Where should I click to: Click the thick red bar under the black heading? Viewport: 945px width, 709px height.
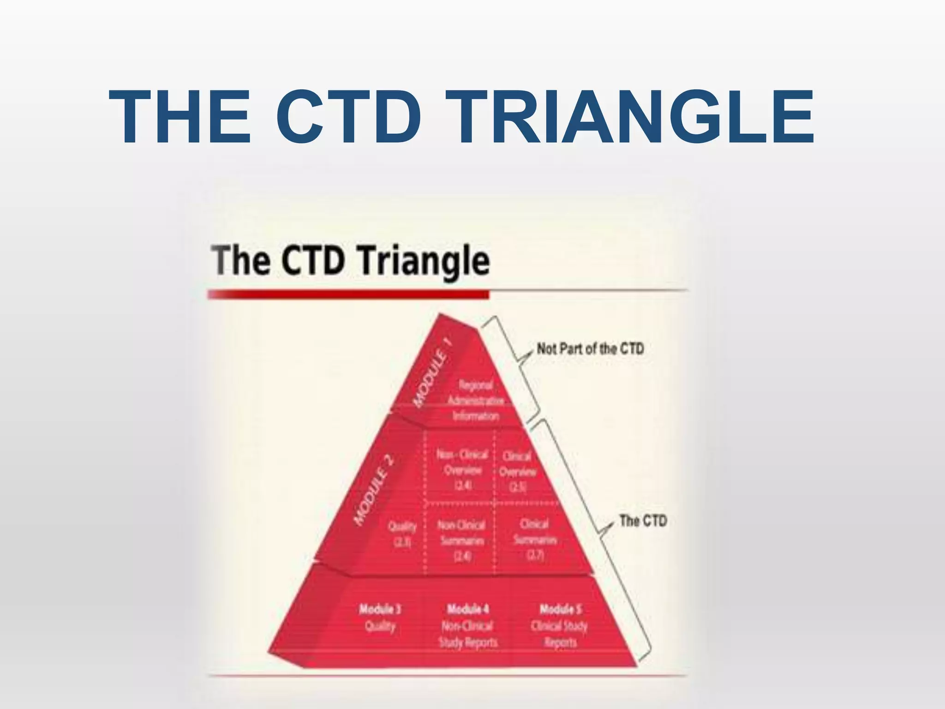point(348,294)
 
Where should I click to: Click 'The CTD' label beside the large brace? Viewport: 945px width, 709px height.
point(643,521)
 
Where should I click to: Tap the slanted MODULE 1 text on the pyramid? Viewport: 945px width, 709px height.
point(432,373)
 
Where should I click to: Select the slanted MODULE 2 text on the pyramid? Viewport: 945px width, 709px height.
point(374,490)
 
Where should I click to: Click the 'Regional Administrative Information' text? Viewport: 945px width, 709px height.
point(475,400)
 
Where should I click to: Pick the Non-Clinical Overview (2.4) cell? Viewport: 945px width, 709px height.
point(462,470)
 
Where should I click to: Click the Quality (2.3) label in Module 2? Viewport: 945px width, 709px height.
point(402,534)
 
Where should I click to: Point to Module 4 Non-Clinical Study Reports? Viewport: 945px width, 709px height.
point(468,625)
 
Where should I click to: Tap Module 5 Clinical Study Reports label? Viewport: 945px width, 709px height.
point(559,625)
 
